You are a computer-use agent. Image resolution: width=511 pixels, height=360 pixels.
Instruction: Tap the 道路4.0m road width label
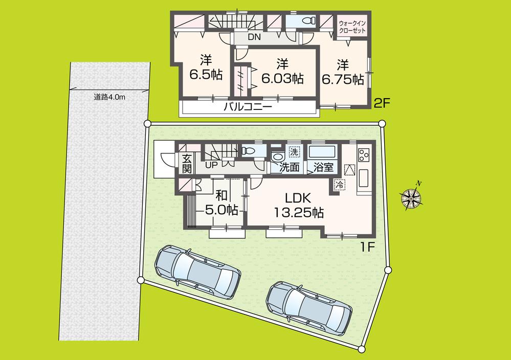109,97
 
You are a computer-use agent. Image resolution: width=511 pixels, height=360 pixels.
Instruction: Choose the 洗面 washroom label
289,167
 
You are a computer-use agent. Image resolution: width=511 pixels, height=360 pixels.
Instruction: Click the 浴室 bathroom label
323,167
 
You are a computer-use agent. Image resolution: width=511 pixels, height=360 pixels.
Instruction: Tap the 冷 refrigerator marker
339,185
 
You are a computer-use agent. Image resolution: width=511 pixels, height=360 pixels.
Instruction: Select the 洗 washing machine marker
294,152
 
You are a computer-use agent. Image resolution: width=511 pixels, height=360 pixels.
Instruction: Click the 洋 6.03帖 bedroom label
282,72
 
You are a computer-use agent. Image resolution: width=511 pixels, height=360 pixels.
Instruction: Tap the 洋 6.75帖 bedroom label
342,72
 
